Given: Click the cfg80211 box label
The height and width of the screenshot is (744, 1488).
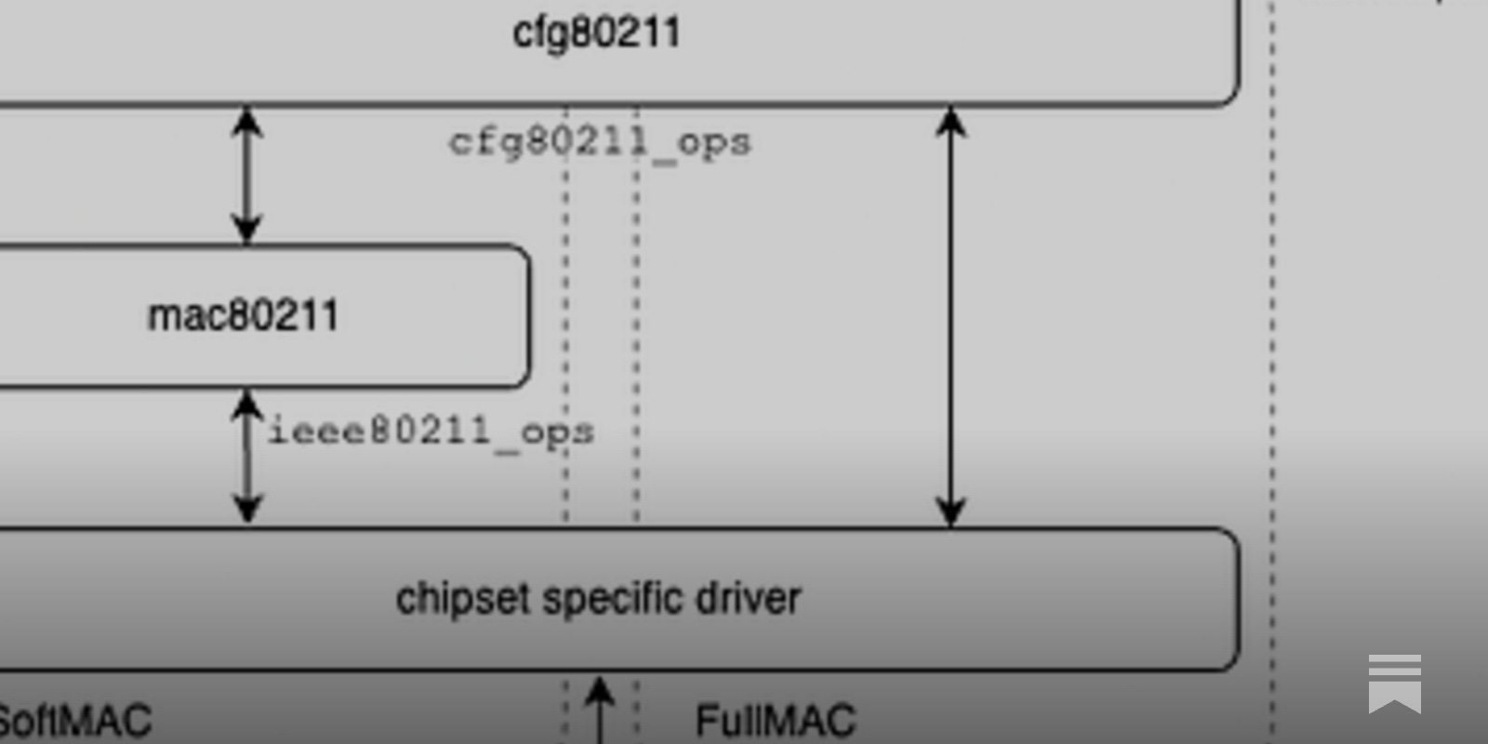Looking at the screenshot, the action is pyautogui.click(x=596, y=33).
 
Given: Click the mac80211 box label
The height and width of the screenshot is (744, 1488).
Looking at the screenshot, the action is pyautogui.click(x=243, y=315).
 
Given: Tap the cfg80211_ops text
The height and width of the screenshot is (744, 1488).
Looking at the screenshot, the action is pyautogui.click(x=600, y=143).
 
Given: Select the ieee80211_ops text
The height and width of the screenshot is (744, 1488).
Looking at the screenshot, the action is pyautogui.click(x=431, y=432).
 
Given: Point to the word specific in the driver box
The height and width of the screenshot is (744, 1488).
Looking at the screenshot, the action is pyautogui.click(x=613, y=599).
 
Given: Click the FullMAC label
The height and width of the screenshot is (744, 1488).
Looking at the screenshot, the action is pyautogui.click(x=775, y=721).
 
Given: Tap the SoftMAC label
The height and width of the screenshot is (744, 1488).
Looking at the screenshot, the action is pyautogui.click(x=74, y=721).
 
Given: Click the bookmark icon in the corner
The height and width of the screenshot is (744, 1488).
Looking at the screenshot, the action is pyautogui.click(x=1394, y=684).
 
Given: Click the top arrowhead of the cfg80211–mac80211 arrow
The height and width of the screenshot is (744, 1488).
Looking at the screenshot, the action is pyautogui.click(x=246, y=119).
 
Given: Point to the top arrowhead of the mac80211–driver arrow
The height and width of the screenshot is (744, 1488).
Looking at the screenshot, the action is pyautogui.click(x=246, y=403).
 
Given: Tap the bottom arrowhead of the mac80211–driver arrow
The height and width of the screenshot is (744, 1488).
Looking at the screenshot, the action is pyautogui.click(x=246, y=510).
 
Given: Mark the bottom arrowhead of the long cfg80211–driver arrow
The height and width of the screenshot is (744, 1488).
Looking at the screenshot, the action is pyautogui.click(x=950, y=513).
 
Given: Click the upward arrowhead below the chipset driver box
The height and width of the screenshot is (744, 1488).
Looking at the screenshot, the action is pyautogui.click(x=600, y=691).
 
